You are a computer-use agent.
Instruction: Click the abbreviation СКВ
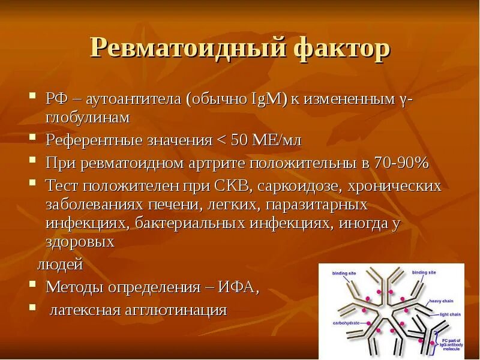[x=235, y=185]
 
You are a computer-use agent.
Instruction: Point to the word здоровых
[x=80, y=242]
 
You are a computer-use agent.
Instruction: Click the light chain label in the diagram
[x=452, y=314]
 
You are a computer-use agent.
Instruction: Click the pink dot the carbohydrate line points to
[x=379, y=329]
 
